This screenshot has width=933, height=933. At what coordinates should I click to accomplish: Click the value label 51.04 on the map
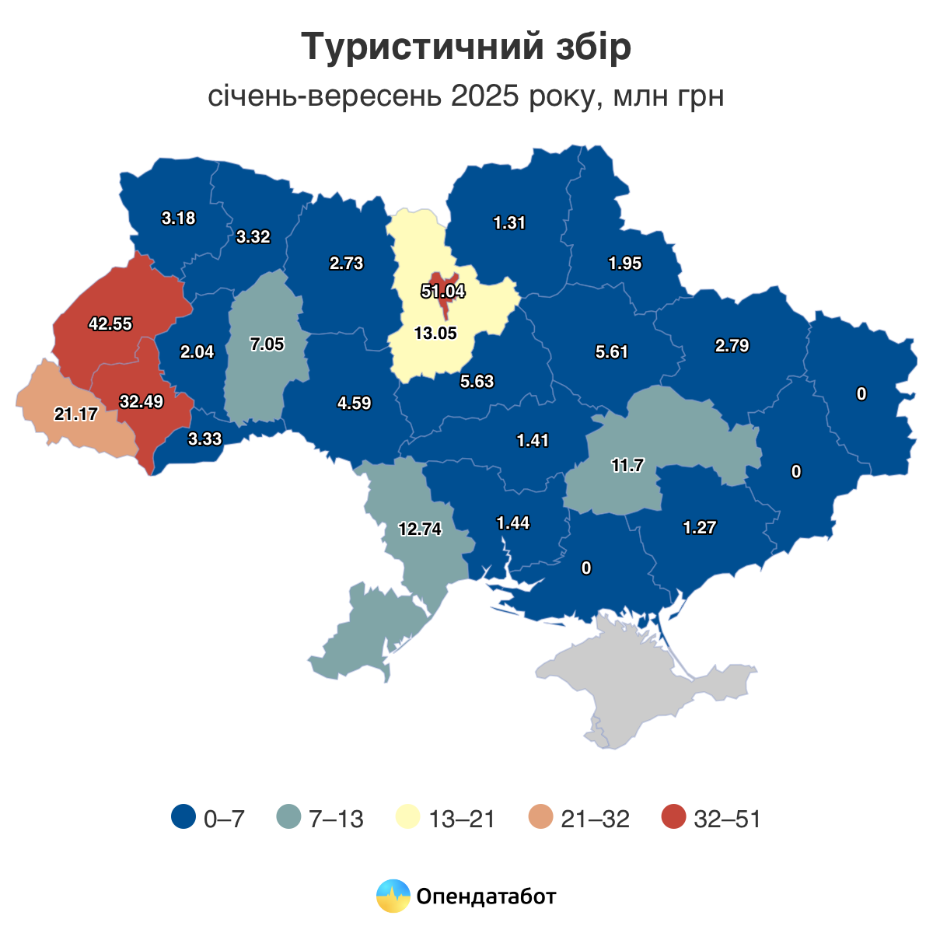(442, 292)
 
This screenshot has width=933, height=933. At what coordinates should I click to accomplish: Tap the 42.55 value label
(110, 324)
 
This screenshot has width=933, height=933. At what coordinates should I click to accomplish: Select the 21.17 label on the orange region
(75, 414)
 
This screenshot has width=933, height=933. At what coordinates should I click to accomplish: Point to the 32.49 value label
(142, 402)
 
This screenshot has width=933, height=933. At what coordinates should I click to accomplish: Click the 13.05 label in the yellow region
(435, 334)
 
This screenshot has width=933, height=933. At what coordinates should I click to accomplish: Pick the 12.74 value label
(420, 529)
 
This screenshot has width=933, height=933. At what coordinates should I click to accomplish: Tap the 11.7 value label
(627, 466)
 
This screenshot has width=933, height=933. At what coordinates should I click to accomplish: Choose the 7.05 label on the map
(267, 344)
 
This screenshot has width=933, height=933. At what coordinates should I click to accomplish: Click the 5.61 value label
(611, 352)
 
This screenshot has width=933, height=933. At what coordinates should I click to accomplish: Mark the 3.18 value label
(178, 218)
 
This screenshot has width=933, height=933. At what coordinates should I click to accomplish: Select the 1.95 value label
(625, 264)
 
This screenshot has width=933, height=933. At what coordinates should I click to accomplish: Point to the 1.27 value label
(700, 528)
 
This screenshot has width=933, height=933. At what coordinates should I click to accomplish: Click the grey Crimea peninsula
(638, 684)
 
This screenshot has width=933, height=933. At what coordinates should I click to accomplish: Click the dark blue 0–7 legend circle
(183, 818)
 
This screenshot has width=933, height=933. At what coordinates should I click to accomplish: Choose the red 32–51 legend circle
(674, 818)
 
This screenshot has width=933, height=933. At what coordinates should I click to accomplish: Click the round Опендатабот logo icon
(393, 896)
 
